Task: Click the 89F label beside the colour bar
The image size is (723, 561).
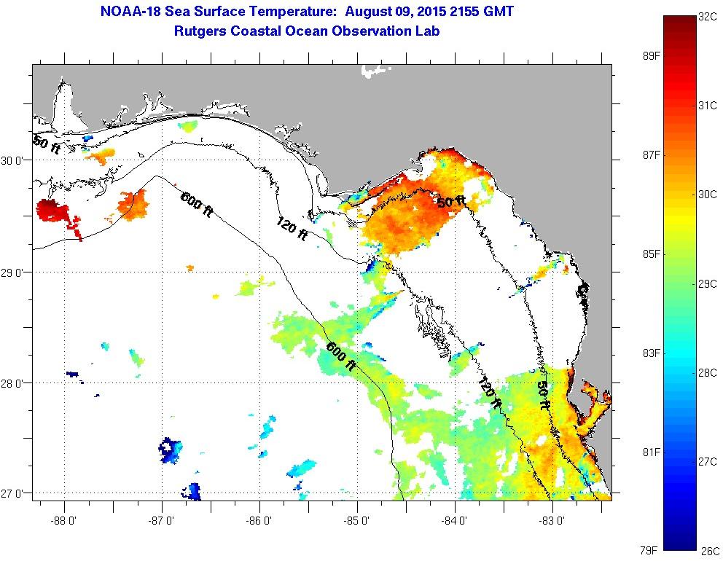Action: coord(650,56)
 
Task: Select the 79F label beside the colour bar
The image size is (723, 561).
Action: coord(650,550)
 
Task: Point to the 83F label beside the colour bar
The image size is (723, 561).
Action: coord(650,353)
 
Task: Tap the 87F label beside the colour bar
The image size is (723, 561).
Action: coord(650,155)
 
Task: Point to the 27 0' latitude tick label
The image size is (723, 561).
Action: coord(14,494)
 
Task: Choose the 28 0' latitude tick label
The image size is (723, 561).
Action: coord(14,382)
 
